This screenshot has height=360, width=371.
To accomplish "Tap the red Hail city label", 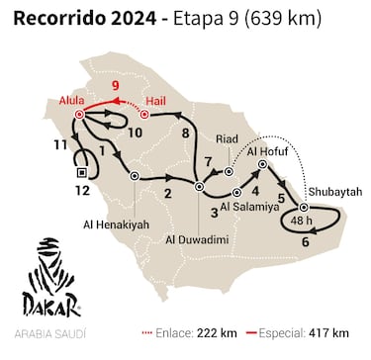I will coord(154,101).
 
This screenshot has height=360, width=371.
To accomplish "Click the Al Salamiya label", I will coord(249,207).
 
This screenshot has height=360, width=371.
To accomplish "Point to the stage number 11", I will coord(60,145).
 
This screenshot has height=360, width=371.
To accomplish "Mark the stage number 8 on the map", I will coord(185,132).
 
